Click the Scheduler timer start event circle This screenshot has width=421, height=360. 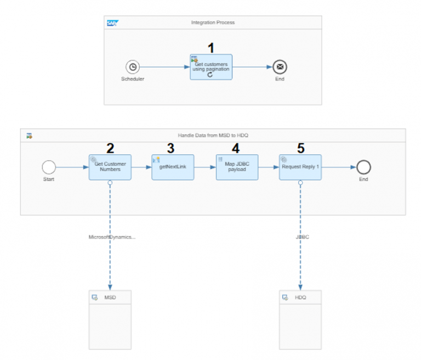point(133,67)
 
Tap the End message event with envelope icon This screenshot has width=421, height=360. point(280,67)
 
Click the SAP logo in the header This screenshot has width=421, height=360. point(112,23)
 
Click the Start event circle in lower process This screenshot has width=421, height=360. point(49,167)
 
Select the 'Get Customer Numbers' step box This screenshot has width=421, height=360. point(110,167)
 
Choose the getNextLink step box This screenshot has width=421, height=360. point(173,167)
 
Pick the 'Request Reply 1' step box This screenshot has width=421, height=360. point(300,167)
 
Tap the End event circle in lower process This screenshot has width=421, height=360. point(363,167)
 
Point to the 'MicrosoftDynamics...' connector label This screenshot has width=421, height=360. point(112,237)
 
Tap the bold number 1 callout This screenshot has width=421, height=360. point(212,47)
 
